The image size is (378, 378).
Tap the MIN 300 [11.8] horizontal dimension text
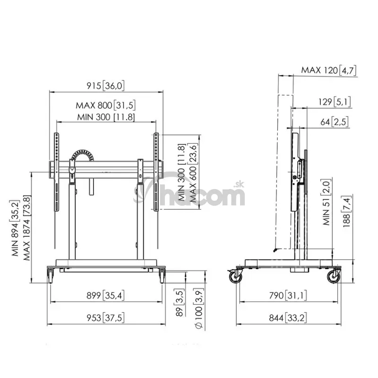coord(106,117)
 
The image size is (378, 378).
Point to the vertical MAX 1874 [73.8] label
coord(27,228)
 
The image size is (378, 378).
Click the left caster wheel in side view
coord(235,276)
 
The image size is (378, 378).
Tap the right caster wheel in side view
coord(334,276)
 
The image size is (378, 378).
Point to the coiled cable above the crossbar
coord(83,155)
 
